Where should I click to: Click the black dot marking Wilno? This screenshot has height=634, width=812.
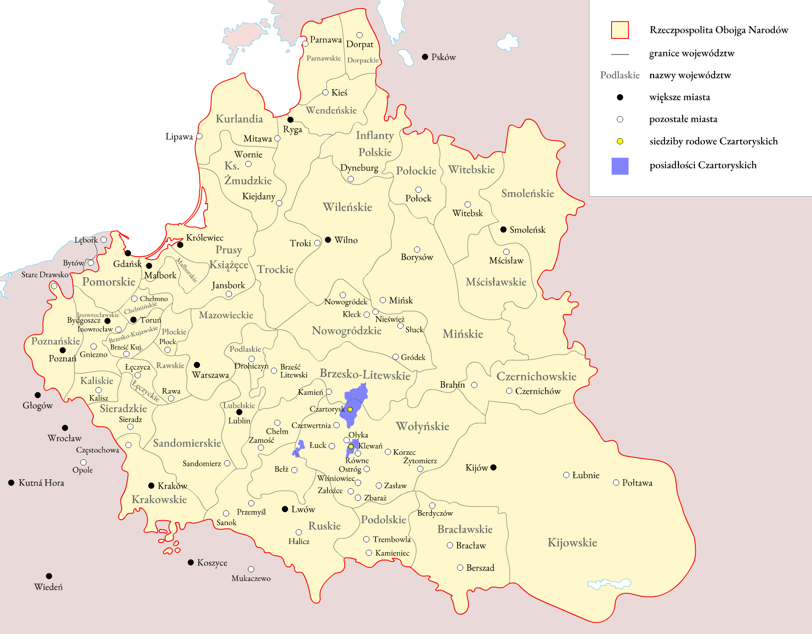click(x=328, y=240)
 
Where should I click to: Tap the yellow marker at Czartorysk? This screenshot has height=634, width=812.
click(x=350, y=409)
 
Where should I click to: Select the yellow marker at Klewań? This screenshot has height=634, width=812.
click(x=351, y=446)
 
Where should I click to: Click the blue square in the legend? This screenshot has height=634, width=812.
click(x=620, y=166)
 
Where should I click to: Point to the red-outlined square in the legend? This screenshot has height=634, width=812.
click(x=620, y=30)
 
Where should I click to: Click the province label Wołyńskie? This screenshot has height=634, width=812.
click(x=422, y=426)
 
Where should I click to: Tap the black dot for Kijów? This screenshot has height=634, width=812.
click(x=493, y=467)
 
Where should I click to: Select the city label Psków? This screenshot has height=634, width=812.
click(x=443, y=57)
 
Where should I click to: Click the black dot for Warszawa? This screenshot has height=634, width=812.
click(x=197, y=364)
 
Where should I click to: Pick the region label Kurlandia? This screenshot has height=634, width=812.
click(x=239, y=119)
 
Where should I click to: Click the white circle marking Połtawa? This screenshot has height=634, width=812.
click(x=616, y=482)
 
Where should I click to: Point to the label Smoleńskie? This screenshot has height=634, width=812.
click(x=527, y=193)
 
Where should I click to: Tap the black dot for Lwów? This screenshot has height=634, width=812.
click(x=285, y=509)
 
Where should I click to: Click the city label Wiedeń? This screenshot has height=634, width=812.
click(x=48, y=587)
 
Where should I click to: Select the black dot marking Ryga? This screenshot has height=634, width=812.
click(x=291, y=120)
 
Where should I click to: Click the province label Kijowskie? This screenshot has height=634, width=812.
click(x=572, y=542)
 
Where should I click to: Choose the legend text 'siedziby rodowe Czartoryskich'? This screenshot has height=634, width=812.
click(x=713, y=141)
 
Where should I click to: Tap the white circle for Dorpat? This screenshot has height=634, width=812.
click(x=359, y=35)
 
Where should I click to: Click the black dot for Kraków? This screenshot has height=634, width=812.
click(x=151, y=485)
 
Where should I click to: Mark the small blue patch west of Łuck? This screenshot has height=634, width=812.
click(x=299, y=448)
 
